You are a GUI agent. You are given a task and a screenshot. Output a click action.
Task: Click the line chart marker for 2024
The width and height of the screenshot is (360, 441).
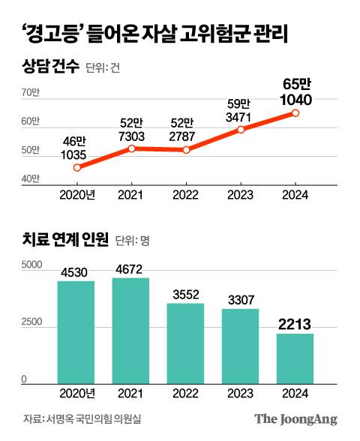tap(295, 113)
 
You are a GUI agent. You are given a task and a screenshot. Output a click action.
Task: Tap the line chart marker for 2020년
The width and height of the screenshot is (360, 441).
tap(76, 168)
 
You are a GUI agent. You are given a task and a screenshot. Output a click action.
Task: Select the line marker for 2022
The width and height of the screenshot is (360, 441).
tap(186, 150)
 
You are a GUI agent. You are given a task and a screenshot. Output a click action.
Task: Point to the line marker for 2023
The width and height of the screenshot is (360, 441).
tap(241, 130)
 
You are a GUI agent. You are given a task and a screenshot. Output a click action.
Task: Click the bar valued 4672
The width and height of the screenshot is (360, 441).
tap(130, 330)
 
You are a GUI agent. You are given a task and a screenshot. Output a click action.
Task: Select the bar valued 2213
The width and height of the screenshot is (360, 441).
tap(295, 358)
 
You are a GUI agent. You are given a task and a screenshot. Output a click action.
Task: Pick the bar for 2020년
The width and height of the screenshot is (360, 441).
tap(76, 331)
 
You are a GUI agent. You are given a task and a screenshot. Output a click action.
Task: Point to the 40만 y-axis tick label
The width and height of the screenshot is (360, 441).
tap(31, 179)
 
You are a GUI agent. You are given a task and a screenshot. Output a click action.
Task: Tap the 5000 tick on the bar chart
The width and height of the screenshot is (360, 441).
tap(33, 265)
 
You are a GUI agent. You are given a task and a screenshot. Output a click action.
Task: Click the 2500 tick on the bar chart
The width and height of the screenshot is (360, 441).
tap(33, 322)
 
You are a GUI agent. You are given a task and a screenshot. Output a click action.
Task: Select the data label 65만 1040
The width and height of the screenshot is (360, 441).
tap(295, 91)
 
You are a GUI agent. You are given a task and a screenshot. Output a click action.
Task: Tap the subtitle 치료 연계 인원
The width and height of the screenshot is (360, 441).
tap(65, 240)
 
